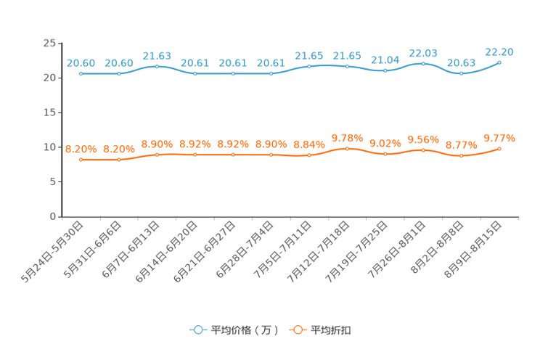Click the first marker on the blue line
[x=81, y=73]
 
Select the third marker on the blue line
[x=157, y=67]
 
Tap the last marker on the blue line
[x=499, y=62]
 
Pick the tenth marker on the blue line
[x=423, y=64]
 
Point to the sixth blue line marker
[x=271, y=73]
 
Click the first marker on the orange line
[x=81, y=159]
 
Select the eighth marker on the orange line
[x=347, y=148]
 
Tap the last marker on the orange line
[x=499, y=148]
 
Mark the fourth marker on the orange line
[x=195, y=155]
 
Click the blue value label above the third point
[x=157, y=56]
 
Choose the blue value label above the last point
[x=499, y=52]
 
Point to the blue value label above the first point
[x=81, y=63]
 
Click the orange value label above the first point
[x=81, y=149]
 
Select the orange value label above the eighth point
[x=347, y=137]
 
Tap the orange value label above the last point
[x=499, y=137]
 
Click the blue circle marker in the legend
[x=197, y=330]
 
